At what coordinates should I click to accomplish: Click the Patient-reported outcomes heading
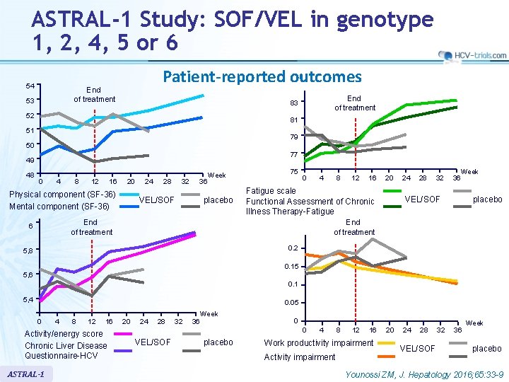pos(262,76)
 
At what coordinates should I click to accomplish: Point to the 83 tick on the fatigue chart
pos(293,103)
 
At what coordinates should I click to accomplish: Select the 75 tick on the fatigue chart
pos(293,172)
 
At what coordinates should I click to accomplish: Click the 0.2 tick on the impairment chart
pos(293,248)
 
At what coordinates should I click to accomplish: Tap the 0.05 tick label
pos(290,303)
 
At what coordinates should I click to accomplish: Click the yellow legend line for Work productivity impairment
pos(387,343)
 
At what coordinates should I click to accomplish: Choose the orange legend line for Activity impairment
pos(387,356)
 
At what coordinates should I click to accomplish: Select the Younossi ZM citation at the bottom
pos(422,373)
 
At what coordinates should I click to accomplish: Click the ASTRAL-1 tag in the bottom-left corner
pos(26,373)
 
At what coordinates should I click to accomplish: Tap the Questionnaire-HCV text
pos(66,356)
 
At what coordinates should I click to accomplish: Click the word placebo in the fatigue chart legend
pos(487,199)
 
